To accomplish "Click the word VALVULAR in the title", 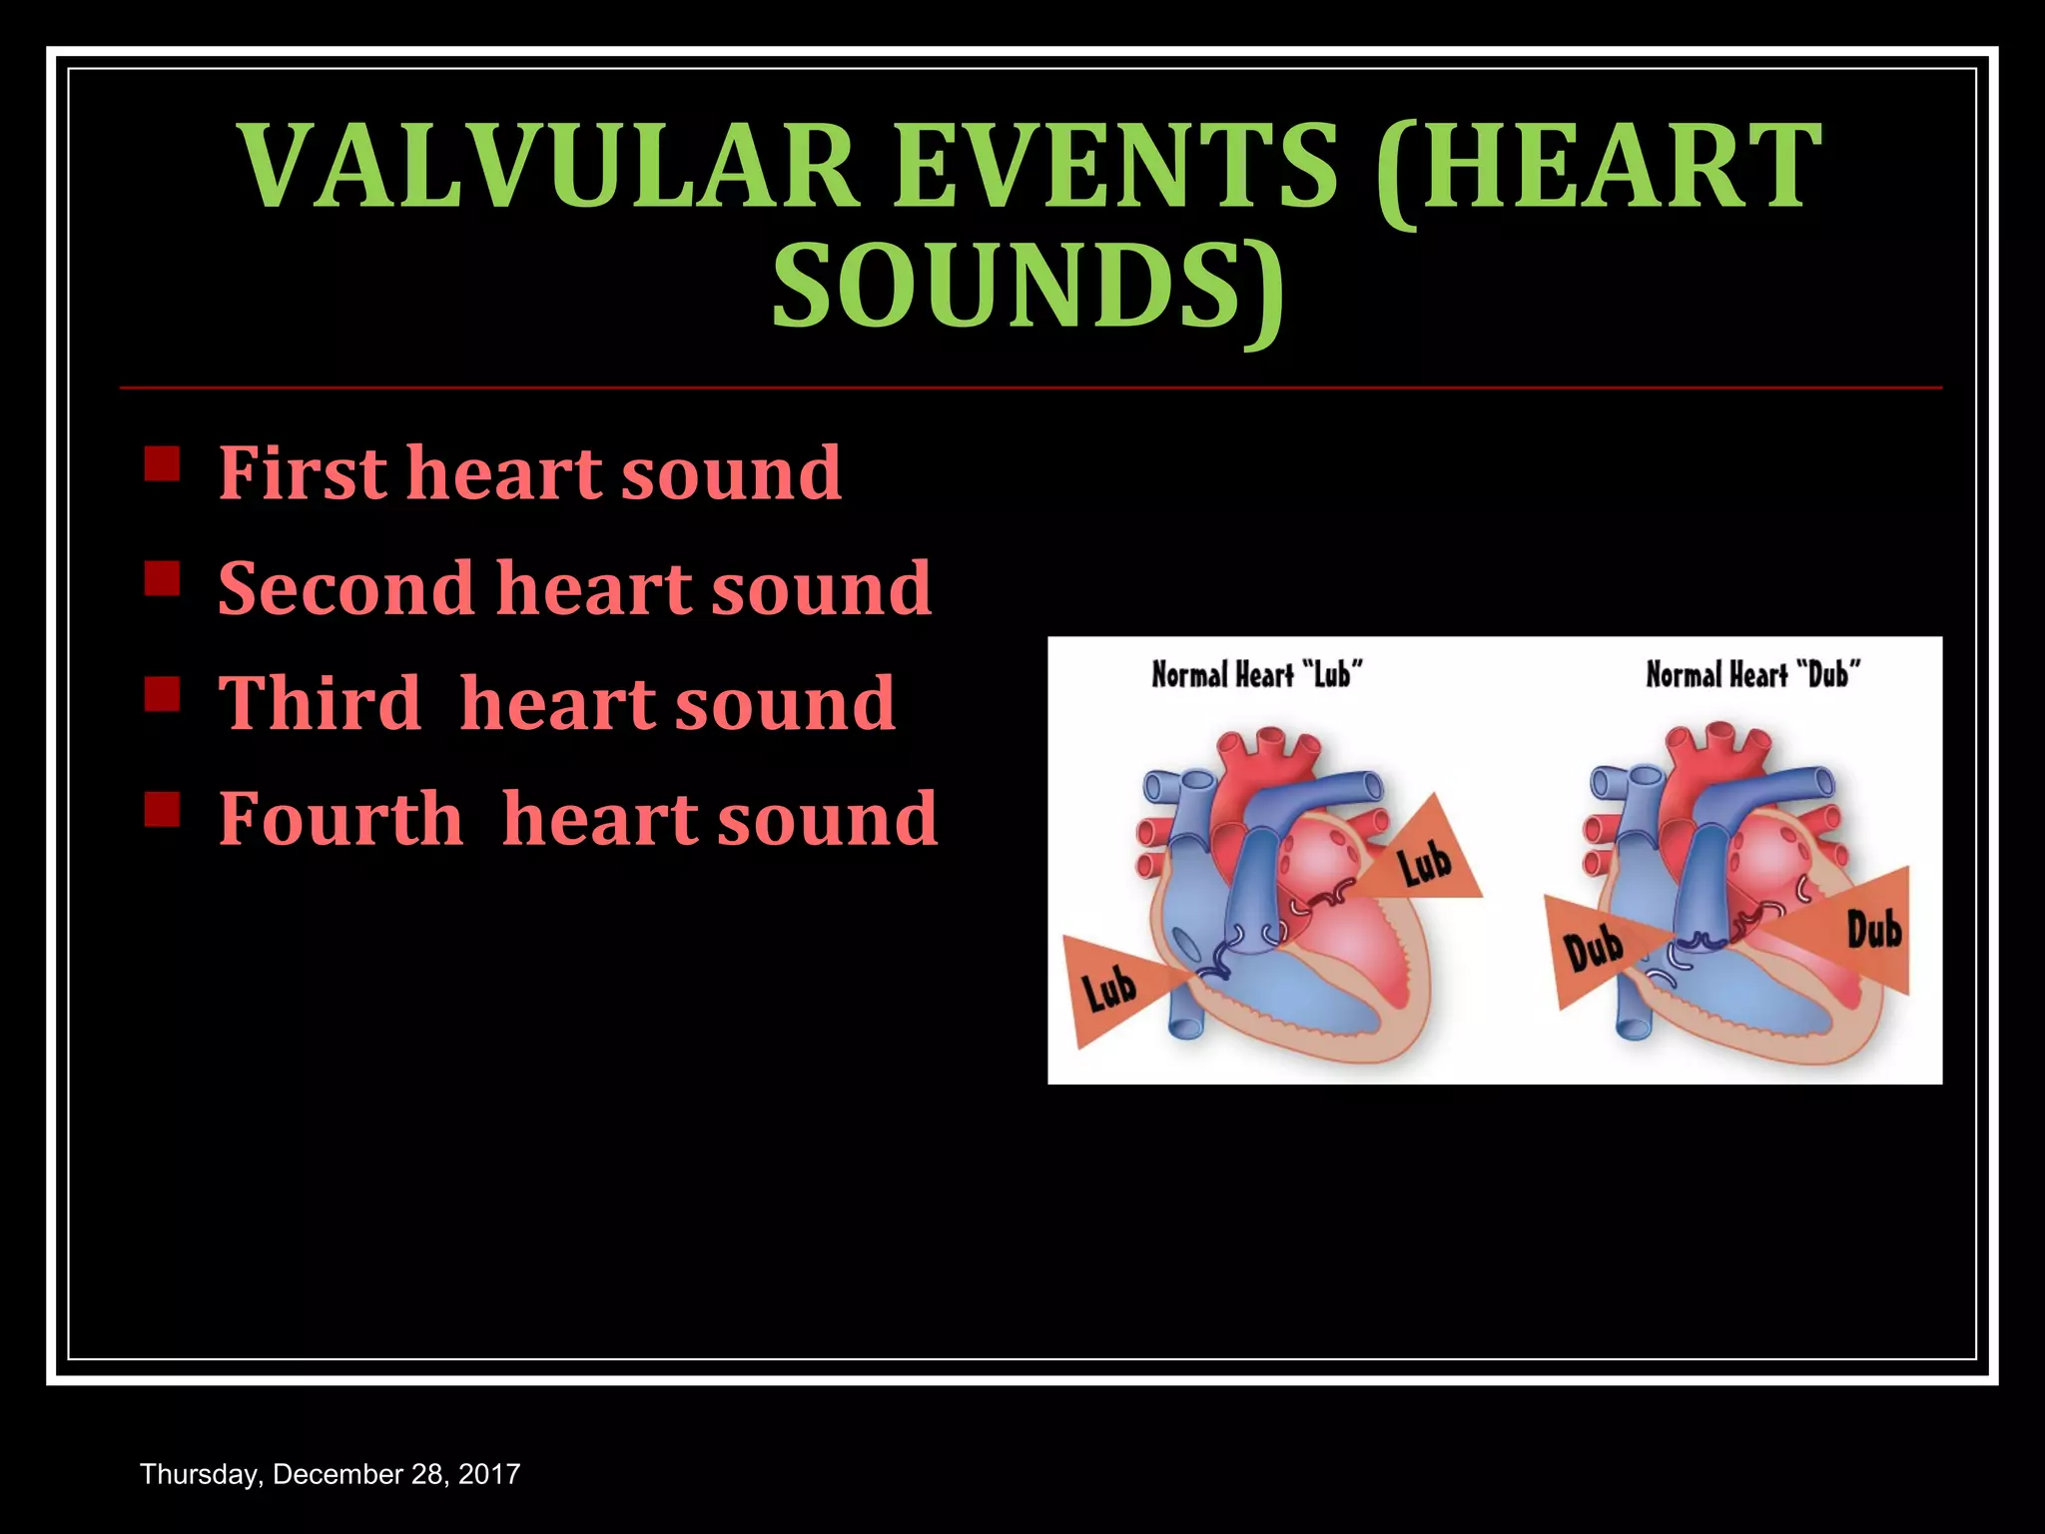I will (548, 165).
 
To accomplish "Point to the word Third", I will (320, 703).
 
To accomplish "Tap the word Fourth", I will (341, 818).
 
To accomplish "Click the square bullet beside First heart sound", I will (162, 464).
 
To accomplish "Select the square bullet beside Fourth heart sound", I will (162, 810).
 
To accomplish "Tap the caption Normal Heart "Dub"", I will (1752, 675).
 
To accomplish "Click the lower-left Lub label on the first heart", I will (1109, 990).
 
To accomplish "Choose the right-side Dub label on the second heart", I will (1873, 930).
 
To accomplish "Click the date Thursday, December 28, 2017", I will (330, 1474).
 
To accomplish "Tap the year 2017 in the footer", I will (489, 1474).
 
